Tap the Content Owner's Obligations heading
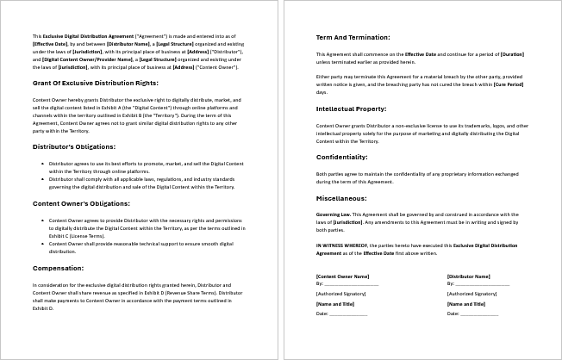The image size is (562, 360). [x=81, y=203]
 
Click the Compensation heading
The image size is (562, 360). [x=58, y=268]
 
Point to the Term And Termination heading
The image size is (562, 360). [x=353, y=38]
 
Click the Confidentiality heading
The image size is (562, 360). [x=343, y=157]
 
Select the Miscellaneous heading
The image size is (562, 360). [x=342, y=197]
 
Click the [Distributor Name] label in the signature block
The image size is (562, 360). [x=469, y=276]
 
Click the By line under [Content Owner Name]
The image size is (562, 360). [x=347, y=282]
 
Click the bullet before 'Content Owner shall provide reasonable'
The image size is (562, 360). [x=43, y=244]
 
